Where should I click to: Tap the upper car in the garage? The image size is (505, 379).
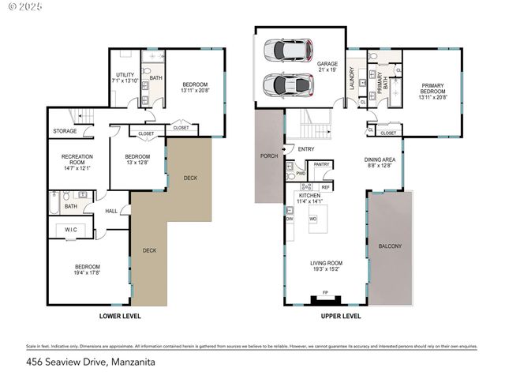tap(288, 51)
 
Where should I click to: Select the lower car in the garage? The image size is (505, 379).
tap(288, 84)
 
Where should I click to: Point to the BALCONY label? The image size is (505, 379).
tap(391, 246)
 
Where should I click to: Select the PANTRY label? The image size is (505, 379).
tap(320, 164)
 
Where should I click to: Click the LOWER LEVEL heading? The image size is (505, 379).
tap(120, 316)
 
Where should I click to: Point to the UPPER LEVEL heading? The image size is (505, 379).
tap(341, 316)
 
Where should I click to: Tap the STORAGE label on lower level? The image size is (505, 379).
tap(65, 131)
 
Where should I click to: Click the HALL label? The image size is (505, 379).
tap(111, 211)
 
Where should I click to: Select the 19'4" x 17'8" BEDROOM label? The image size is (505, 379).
tap(87, 269)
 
